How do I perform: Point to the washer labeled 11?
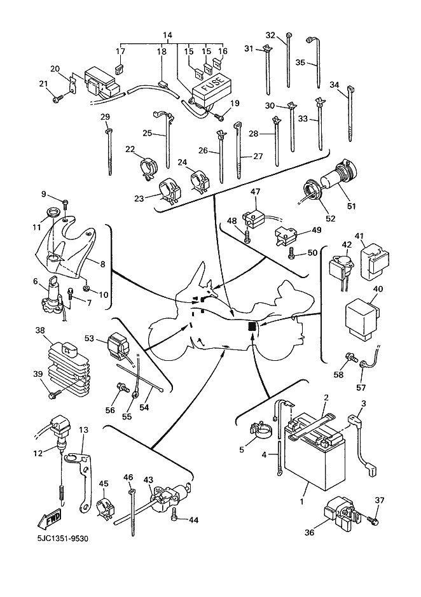click(53, 212)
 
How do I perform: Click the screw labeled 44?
click(176, 519)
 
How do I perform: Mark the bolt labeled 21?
click(59, 98)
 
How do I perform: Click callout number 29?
click(105, 116)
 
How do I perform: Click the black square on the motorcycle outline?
click(252, 327)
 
